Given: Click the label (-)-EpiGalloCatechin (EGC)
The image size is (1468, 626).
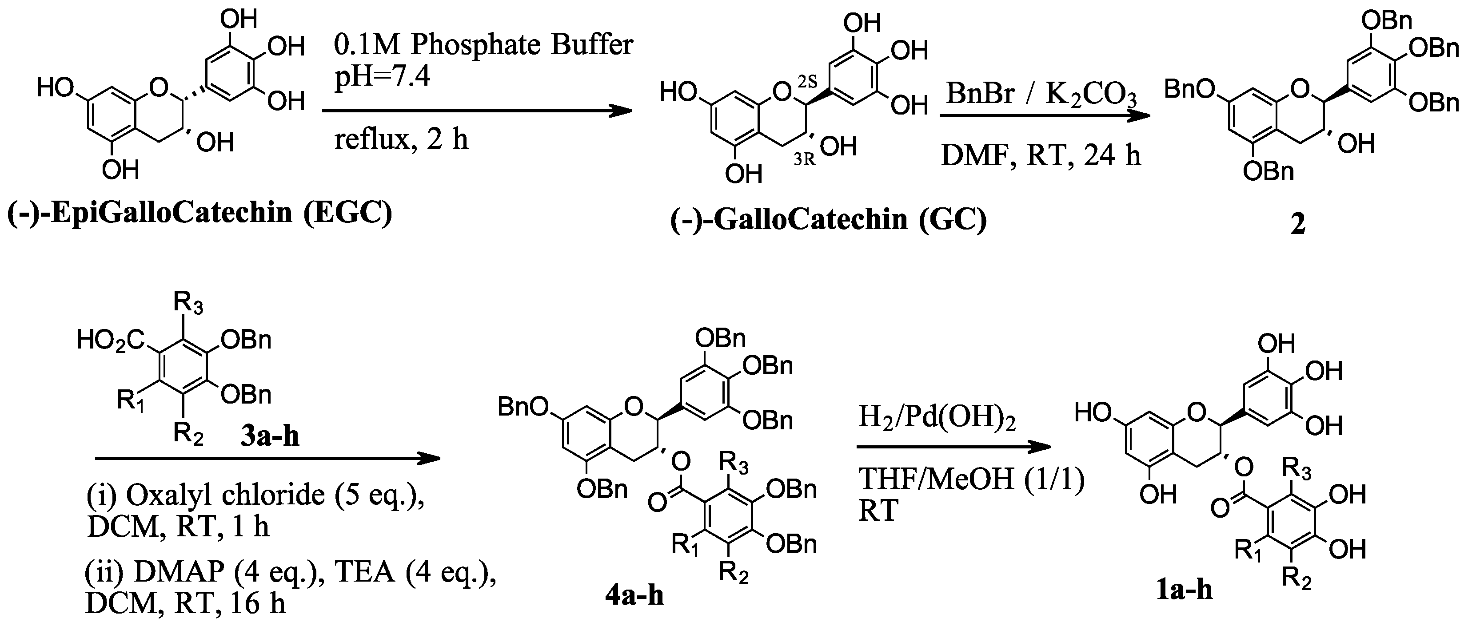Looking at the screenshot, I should tap(199, 214).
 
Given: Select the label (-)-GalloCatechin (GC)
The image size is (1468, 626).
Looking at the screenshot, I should tap(828, 220).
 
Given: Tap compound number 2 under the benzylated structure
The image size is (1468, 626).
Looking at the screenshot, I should tap(1297, 224).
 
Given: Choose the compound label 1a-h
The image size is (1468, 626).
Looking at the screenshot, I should tap(1184, 590).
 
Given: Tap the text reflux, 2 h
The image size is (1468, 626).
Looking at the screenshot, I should tap(401, 139).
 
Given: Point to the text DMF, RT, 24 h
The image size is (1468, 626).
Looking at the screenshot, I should tap(1041, 155).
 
